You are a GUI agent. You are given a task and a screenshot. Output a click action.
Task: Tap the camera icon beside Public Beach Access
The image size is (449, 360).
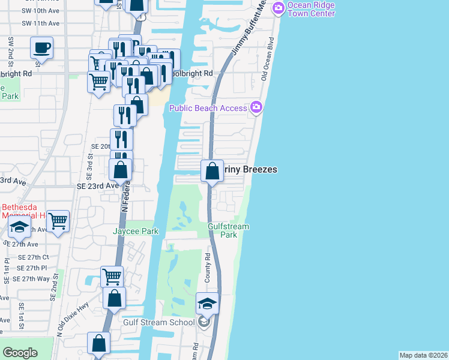257,107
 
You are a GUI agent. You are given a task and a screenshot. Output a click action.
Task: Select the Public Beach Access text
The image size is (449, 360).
208,108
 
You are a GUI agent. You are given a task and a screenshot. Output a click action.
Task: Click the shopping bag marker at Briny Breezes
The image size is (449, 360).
212,170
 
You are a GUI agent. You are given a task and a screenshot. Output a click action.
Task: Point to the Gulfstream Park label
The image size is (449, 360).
228,230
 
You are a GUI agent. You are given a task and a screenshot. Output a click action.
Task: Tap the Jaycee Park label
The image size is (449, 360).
135,230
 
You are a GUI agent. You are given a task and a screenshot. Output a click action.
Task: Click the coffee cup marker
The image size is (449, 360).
41,47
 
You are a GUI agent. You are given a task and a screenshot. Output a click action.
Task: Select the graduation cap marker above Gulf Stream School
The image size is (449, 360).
207,304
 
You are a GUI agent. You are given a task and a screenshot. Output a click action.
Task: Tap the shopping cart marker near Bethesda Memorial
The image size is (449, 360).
58,221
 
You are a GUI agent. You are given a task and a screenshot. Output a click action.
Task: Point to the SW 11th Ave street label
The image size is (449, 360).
40,23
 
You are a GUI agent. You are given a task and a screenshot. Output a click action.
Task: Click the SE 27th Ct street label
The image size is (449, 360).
33,257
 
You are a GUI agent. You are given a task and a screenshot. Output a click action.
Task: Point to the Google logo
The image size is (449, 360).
20,353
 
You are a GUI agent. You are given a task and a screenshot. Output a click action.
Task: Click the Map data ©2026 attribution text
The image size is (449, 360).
423,355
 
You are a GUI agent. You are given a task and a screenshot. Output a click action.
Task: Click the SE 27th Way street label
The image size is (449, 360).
35,278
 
